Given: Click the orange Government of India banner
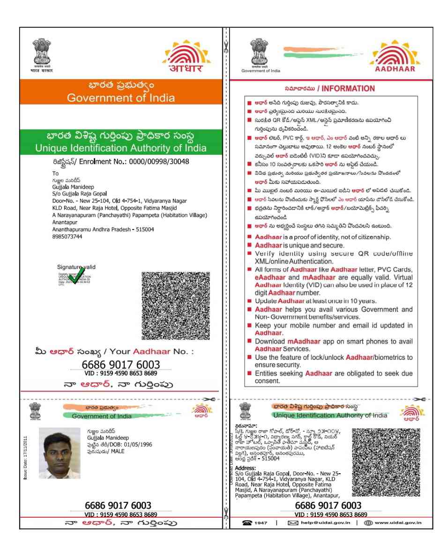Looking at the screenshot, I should pyautogui.click(x=120, y=92).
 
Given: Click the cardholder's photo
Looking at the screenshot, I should pyautogui.click(x=60, y=453).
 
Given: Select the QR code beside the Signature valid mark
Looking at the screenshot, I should pyautogui.click(x=175, y=306).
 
